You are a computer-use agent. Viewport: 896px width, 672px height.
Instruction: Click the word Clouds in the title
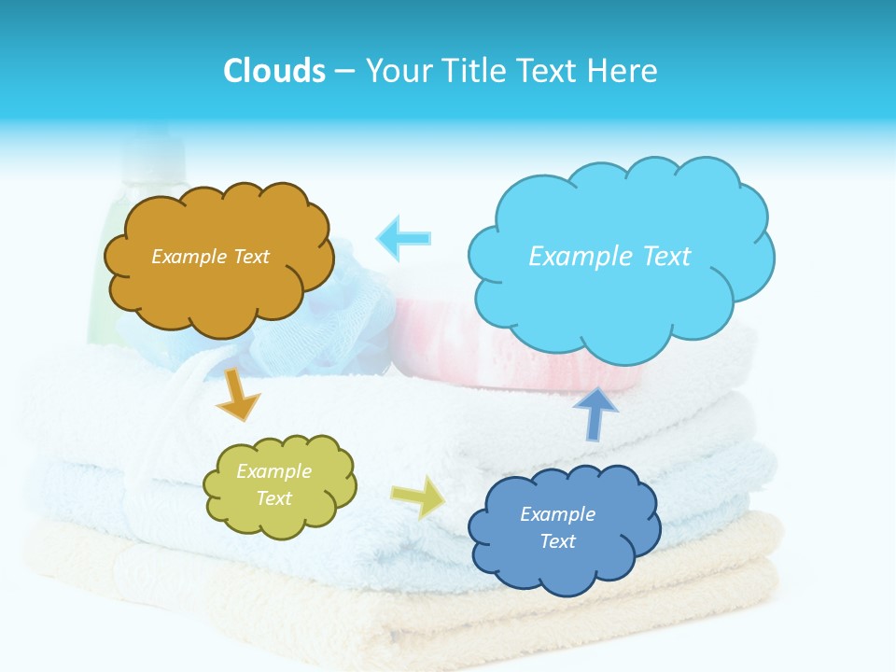[x=273, y=71]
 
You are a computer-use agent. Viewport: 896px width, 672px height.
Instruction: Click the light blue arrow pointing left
[x=404, y=237]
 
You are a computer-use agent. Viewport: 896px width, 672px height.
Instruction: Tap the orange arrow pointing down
[x=238, y=394]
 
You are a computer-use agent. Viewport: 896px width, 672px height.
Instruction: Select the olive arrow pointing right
[x=417, y=497]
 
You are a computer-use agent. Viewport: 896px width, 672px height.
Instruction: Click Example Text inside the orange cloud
[x=210, y=257]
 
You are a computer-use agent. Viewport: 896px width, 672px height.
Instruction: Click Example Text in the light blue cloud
[x=609, y=257]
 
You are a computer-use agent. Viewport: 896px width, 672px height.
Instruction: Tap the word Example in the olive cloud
[x=273, y=471]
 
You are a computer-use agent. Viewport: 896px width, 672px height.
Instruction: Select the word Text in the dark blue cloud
[x=557, y=541]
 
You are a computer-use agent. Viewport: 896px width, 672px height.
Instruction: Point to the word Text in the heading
[x=550, y=71]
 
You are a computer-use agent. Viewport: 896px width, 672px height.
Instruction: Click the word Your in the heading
[x=397, y=71]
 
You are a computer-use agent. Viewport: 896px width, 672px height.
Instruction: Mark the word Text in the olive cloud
[x=273, y=498]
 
